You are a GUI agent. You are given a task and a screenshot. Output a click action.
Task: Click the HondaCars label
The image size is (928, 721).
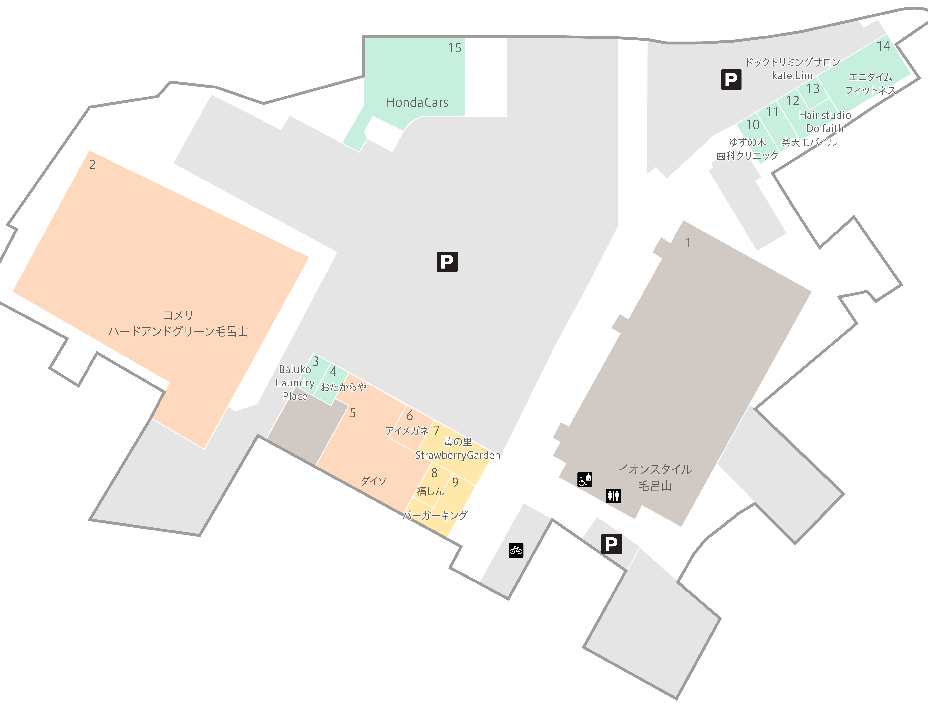click(417, 102)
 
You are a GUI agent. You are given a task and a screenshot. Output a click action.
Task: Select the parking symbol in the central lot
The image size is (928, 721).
click(447, 262)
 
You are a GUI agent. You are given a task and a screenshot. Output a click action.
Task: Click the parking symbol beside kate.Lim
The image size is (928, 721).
click(731, 79)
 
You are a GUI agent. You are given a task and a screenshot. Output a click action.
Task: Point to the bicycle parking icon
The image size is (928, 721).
click(516, 550)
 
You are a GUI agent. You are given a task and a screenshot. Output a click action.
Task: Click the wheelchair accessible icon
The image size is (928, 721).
click(585, 479)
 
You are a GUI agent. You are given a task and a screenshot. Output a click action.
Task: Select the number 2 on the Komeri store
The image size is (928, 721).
click(92, 165)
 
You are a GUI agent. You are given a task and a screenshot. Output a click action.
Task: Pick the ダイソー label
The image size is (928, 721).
click(378, 481)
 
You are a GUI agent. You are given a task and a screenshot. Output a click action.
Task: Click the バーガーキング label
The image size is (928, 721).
click(435, 515)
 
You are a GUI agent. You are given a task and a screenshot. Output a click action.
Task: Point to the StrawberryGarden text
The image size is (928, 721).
click(458, 456)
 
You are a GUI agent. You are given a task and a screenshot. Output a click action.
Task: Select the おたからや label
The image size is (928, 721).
click(343, 387)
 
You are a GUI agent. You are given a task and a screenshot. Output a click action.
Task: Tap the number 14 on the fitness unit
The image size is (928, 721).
click(883, 46)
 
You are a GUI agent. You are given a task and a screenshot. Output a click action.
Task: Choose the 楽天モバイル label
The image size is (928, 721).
click(809, 142)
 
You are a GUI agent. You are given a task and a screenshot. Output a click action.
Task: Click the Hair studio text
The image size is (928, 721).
click(825, 115)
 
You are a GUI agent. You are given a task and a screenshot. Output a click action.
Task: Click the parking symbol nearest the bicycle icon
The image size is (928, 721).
click(612, 544)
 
